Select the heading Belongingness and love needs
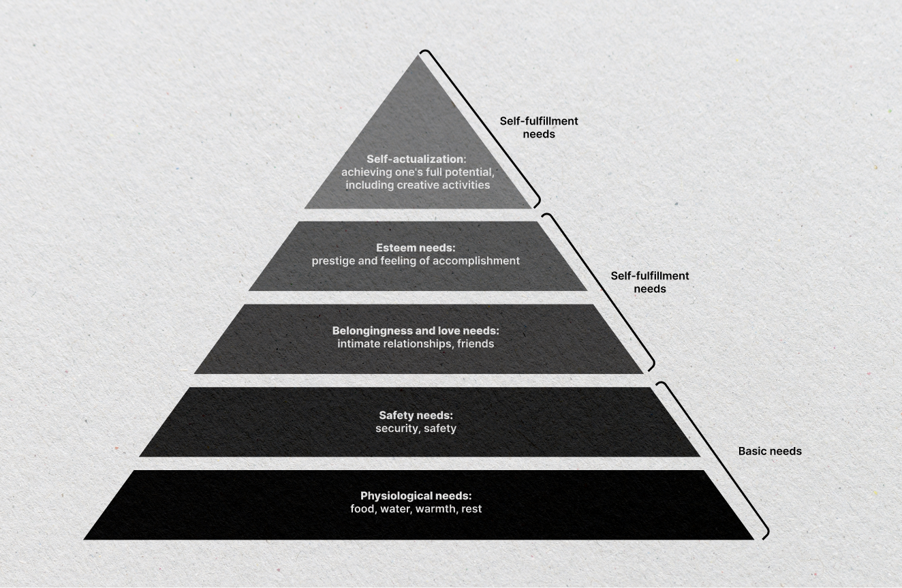tap(416, 331)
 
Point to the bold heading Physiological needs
tap(416, 496)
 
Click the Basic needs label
tap(770, 451)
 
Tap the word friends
tap(476, 344)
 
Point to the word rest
tap(471, 509)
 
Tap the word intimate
tap(358, 344)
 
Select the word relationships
tap(417, 344)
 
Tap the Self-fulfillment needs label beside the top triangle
tap(539, 127)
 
